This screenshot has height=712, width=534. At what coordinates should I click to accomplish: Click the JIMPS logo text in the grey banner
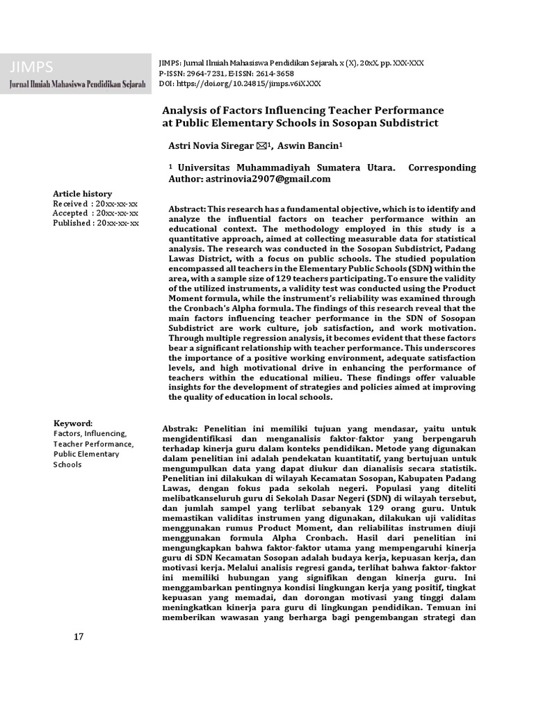[32, 67]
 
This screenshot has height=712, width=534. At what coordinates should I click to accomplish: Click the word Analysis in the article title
[186, 111]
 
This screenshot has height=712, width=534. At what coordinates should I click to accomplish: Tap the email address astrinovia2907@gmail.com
[268, 179]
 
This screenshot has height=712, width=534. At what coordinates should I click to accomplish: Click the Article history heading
[83, 193]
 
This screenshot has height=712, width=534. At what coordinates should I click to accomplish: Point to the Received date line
[96, 203]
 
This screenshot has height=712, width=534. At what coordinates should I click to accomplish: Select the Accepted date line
[96, 213]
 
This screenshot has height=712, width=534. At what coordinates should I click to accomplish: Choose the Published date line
[96, 222]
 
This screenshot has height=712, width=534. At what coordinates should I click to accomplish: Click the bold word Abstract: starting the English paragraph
[187, 209]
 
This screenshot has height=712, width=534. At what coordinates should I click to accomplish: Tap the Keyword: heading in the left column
[73, 423]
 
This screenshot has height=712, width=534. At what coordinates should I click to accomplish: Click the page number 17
[79, 637]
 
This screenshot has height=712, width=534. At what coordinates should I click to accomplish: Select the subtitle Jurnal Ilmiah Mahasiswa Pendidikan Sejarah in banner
[77, 84]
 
